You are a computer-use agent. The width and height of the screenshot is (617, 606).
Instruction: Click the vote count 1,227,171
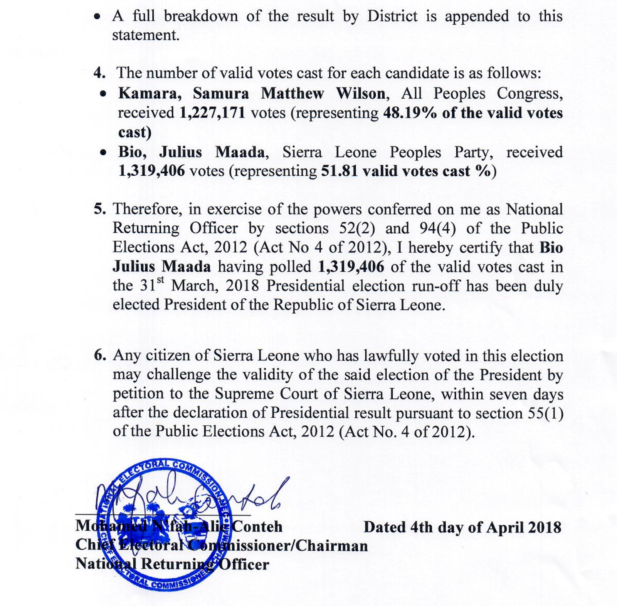tap(212, 113)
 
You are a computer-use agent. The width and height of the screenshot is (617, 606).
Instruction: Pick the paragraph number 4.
tap(100, 73)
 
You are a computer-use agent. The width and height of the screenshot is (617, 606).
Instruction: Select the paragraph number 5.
tap(100, 209)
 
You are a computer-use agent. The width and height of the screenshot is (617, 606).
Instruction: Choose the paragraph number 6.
tap(100, 355)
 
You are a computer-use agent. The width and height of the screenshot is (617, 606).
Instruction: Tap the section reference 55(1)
tap(545, 413)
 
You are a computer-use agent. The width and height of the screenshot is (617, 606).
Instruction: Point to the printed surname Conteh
tap(257, 526)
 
